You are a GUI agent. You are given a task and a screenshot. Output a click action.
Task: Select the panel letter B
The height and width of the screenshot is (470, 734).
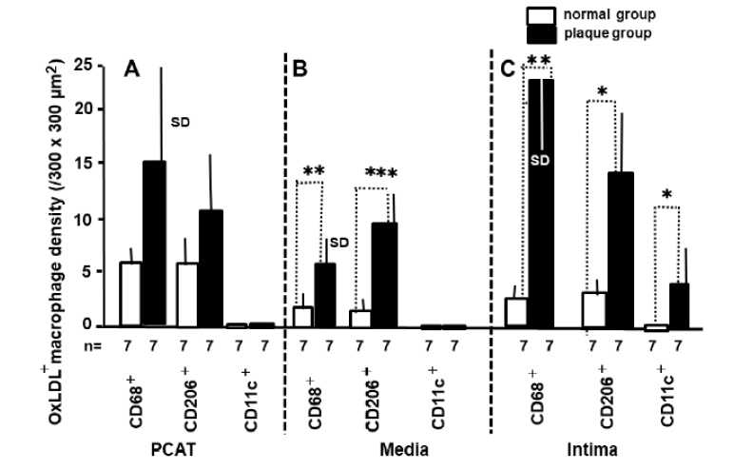(x=305, y=68)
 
